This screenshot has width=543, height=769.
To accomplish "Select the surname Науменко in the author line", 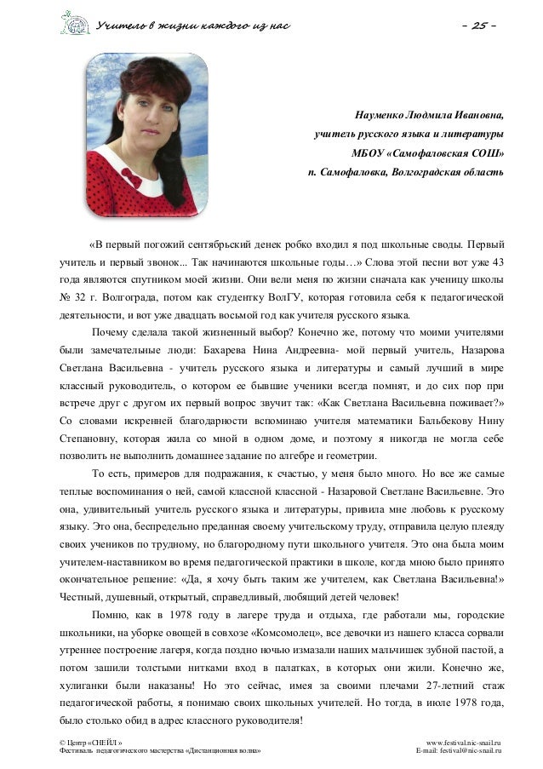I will coord(378,115).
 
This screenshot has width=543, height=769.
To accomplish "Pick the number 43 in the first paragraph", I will coord(497,261).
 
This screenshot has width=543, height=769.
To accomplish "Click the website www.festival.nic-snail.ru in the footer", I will coord(464,743).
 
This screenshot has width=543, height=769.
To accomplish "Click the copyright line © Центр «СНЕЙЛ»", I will coord(91,743).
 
